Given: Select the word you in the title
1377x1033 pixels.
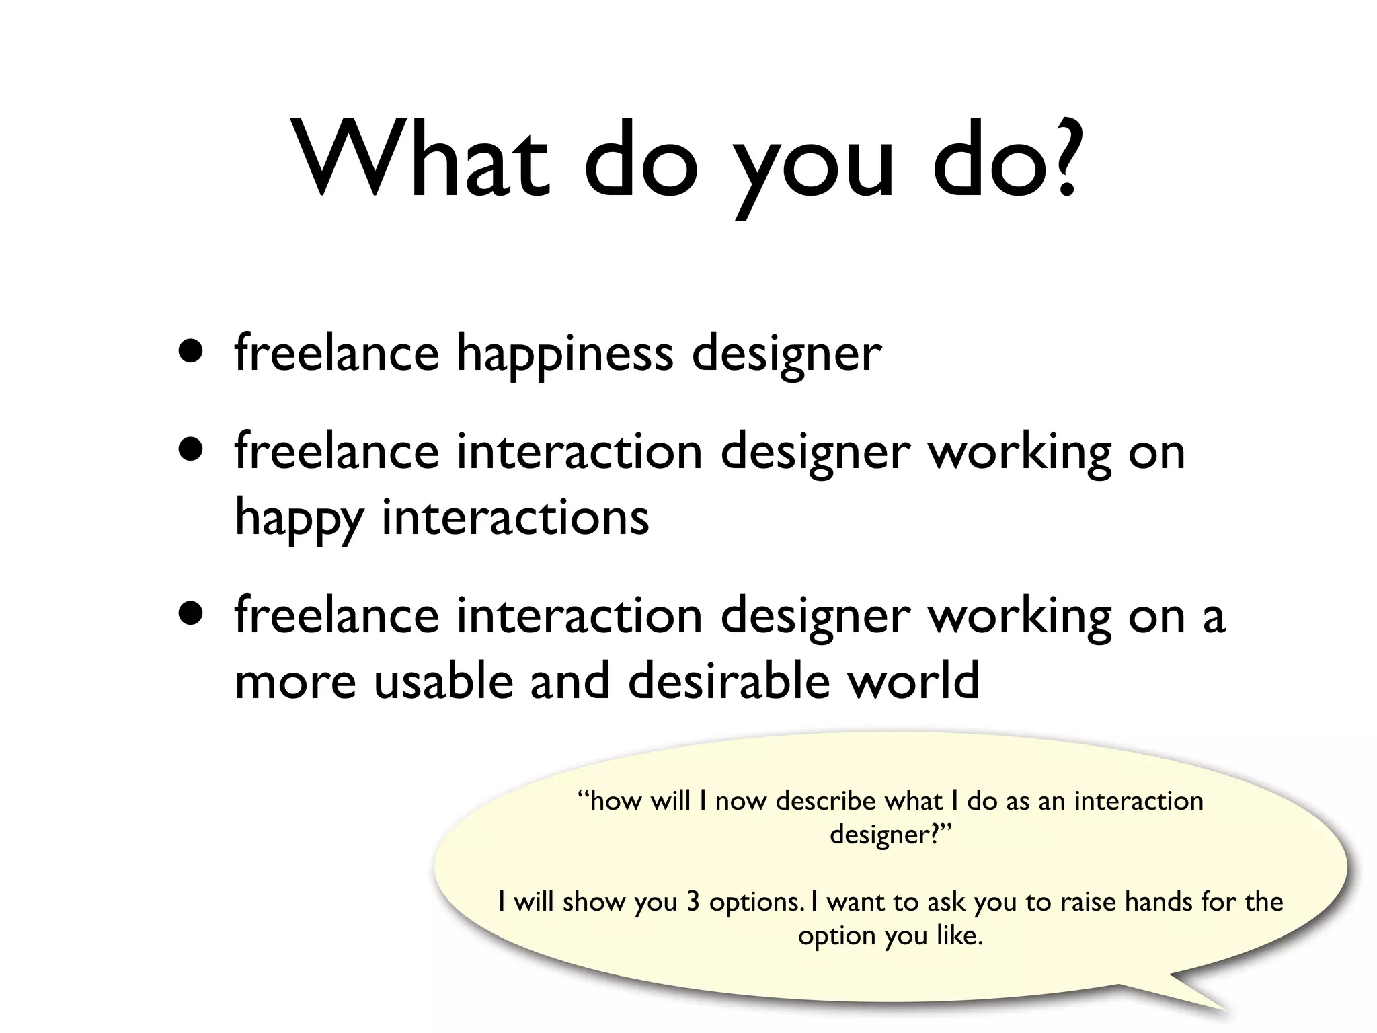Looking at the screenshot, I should tap(814, 171).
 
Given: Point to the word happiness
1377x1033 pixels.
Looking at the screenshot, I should tap(564, 354).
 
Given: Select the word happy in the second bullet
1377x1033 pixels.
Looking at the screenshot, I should tap(299, 519).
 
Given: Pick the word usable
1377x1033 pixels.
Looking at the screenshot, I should tap(443, 681).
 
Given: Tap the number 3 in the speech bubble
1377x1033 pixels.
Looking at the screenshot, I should tap(693, 902).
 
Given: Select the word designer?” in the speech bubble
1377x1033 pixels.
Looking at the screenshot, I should tap(891, 835).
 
